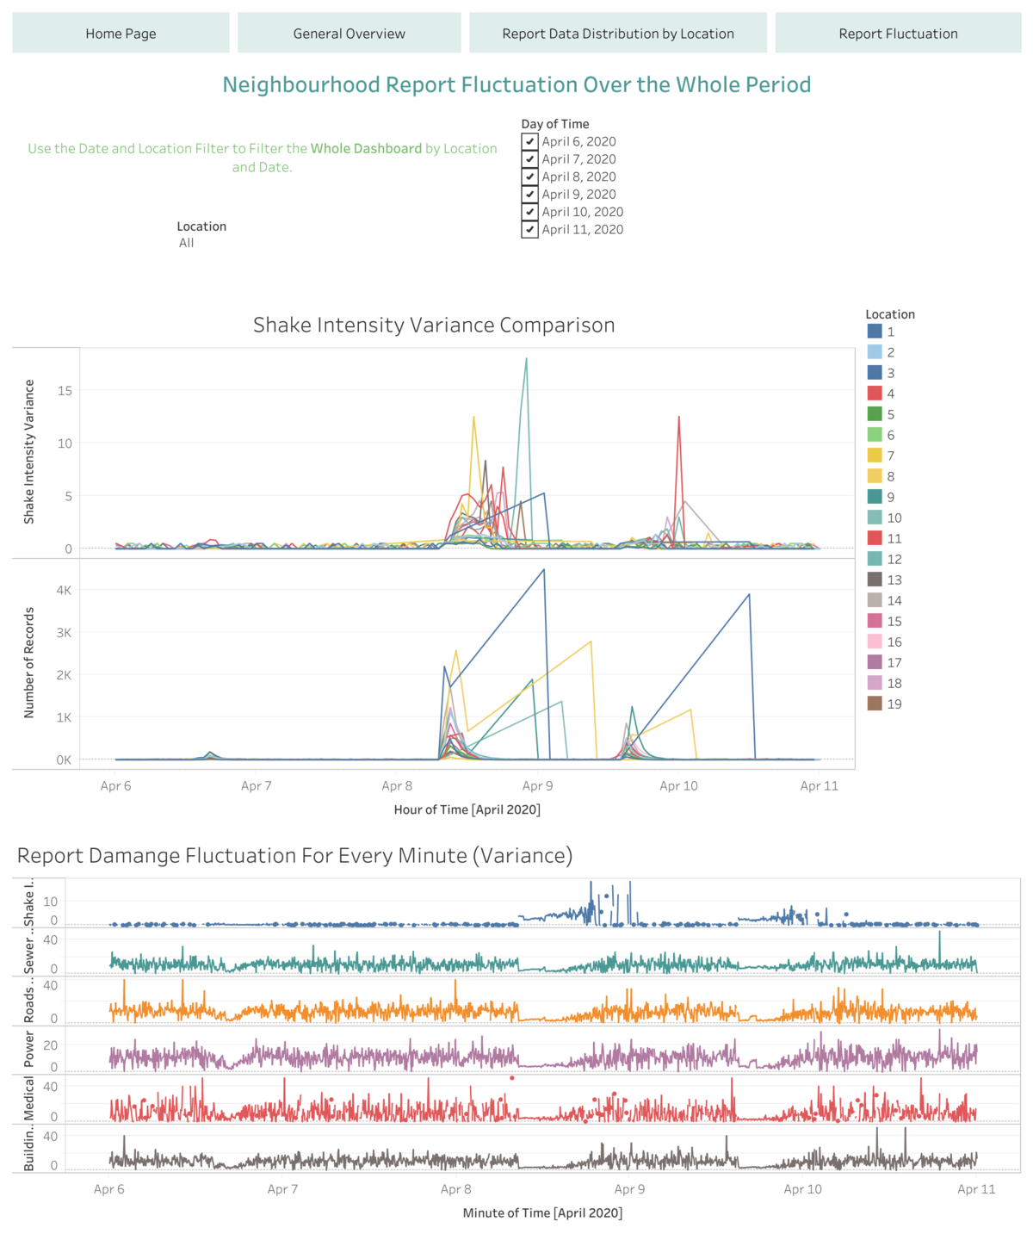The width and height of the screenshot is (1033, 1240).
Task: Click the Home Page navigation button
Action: click(x=121, y=34)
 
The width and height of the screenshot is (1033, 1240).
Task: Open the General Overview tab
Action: click(x=349, y=34)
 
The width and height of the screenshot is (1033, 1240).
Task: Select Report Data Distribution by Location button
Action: click(x=617, y=34)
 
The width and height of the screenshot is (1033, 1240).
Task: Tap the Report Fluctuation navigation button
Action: click(x=898, y=34)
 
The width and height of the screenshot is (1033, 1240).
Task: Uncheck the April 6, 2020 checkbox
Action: click(x=529, y=141)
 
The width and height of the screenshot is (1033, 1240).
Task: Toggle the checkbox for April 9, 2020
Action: click(x=529, y=195)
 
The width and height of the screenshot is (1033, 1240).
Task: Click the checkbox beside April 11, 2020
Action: click(x=529, y=230)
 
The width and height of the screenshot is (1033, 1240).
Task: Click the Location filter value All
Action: click(x=187, y=243)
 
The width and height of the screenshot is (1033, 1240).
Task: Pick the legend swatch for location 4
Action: click(x=875, y=394)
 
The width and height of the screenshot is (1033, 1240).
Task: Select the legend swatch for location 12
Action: click(x=875, y=559)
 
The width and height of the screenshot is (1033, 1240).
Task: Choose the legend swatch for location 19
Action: click(x=875, y=704)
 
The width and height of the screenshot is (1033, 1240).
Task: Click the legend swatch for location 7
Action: click(x=875, y=456)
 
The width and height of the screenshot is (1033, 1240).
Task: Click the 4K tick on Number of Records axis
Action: click(x=64, y=590)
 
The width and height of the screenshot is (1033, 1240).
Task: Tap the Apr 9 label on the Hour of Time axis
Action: click(x=538, y=785)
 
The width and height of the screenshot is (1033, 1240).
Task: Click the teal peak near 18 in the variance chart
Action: click(x=526, y=359)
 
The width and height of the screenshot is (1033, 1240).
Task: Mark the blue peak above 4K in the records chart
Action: click(x=543, y=569)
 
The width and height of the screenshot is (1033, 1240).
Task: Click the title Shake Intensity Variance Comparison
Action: click(x=434, y=325)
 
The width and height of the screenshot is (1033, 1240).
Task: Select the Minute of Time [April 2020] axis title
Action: click(x=542, y=1212)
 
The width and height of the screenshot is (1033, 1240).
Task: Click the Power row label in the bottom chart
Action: click(x=29, y=1050)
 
